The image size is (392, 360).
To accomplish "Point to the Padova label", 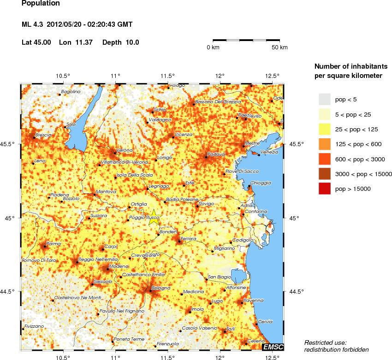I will coord(215,154).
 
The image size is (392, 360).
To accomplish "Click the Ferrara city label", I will coord(189,239).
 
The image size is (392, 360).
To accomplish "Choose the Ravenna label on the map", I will coord(253,300).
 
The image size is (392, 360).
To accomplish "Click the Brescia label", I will coord(43,135).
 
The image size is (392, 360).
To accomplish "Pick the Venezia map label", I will coord(269,152).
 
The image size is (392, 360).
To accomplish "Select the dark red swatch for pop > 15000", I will coord(325,189).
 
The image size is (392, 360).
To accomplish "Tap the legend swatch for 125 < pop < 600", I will coord(325,144).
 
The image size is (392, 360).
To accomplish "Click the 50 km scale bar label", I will coord(279,47).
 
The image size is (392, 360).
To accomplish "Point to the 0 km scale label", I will coord(213,47).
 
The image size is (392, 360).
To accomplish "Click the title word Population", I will coord(41,3).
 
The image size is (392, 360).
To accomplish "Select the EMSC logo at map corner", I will coord(273,347).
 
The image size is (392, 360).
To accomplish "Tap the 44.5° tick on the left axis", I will coord(11,291).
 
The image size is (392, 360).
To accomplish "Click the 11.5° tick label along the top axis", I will coord(167,76).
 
